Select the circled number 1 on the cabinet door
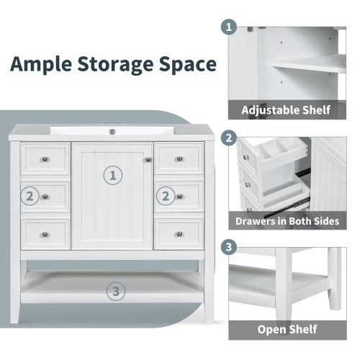[x=113, y=174]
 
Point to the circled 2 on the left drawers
[x=30, y=195]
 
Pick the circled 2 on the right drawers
[x=166, y=195]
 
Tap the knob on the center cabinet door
[x=148, y=159]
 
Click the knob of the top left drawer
[x=45, y=158]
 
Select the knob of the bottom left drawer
[x=45, y=233]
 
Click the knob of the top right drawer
[x=179, y=158]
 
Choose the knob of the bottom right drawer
[x=179, y=233]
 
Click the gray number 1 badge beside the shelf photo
[x=230, y=28]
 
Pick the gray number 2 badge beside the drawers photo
[x=230, y=138]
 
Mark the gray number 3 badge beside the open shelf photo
[x=230, y=247]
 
